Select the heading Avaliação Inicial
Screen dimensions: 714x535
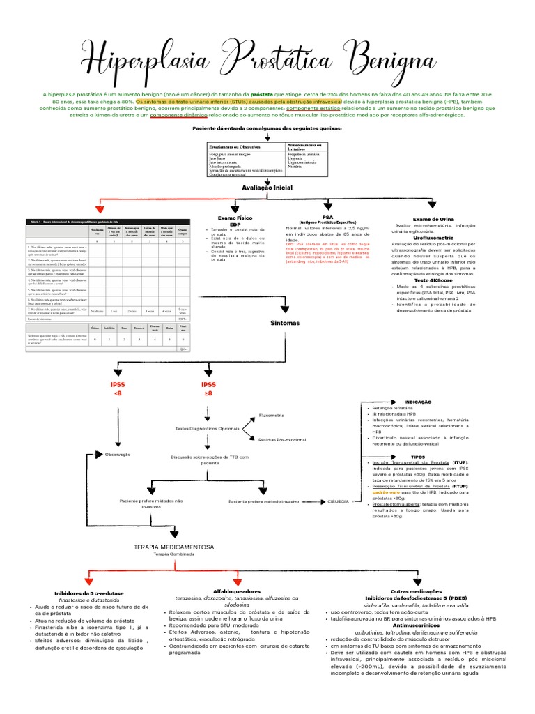pyautogui.click(x=267, y=188)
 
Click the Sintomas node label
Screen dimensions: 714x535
pyautogui.click(x=284, y=324)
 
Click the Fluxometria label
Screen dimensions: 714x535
pyautogui.click(x=272, y=415)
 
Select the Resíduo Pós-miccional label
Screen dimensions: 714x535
pyautogui.click(x=282, y=440)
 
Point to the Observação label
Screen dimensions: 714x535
pyautogui.click(x=118, y=454)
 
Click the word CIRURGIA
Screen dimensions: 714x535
pyautogui.click(x=338, y=501)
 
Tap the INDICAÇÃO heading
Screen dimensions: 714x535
pyautogui.click(x=418, y=402)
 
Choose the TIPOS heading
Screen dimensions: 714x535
pyautogui.click(x=418, y=457)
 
